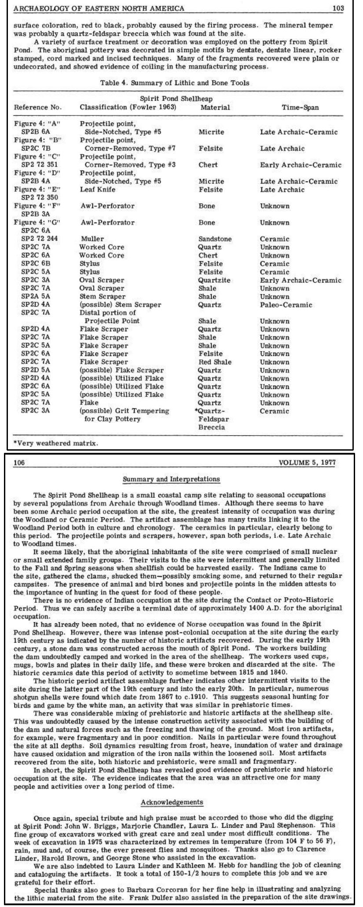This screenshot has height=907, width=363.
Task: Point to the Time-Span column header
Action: pos(301,107)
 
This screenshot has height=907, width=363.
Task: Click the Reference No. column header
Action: pos(38,107)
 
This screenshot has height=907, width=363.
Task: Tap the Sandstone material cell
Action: pos(215,239)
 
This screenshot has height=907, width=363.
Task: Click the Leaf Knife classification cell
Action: pos(97,189)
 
